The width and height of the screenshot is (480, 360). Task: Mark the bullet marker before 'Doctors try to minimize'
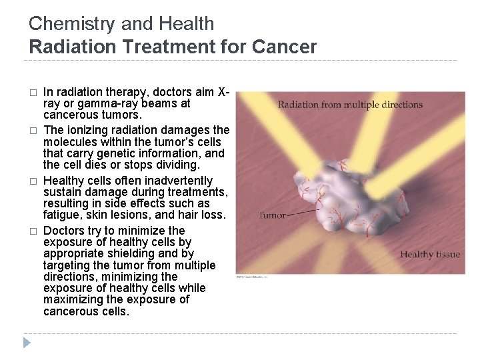[33, 231]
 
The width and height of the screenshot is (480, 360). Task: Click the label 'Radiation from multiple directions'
[350, 105]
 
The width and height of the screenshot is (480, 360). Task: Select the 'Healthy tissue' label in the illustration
[429, 254]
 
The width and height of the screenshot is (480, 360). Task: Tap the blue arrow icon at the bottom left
[26, 344]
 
